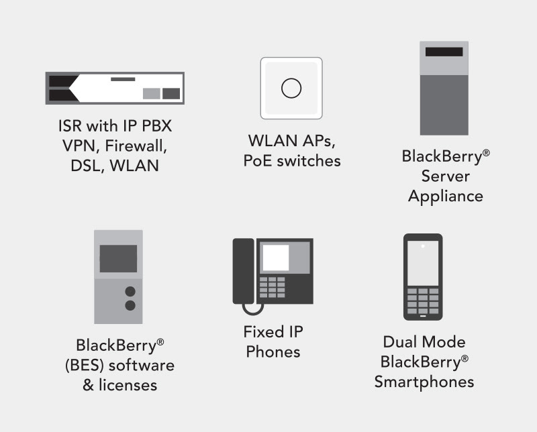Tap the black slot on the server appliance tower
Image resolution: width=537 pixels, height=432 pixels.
pyautogui.click(x=444, y=52)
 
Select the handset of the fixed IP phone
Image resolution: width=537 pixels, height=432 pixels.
pyautogui.click(x=241, y=271)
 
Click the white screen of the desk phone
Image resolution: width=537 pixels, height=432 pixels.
pyautogui.click(x=276, y=258)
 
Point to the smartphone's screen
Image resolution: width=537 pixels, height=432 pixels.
pyautogui.click(x=422, y=262)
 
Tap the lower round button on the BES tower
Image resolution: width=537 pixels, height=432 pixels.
pyautogui.click(x=130, y=306)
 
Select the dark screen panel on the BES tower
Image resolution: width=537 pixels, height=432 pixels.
pyautogui.click(x=118, y=258)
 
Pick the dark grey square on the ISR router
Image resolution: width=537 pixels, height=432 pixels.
pyautogui.click(x=171, y=93)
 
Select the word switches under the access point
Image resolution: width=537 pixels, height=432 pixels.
pyautogui.click(x=311, y=161)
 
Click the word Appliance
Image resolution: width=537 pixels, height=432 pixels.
pyautogui.click(x=446, y=196)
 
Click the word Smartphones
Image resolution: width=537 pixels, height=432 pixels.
pyautogui.click(x=424, y=382)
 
